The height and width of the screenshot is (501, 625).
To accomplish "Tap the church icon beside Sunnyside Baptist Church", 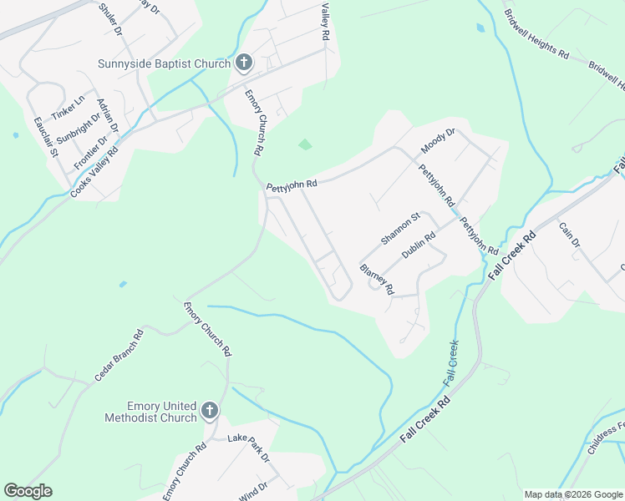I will (x=244, y=63).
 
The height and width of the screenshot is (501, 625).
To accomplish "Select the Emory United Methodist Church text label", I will (x=150, y=411).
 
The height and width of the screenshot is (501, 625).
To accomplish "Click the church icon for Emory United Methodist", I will (x=209, y=411).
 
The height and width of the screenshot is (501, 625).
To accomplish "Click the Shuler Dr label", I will (x=110, y=19).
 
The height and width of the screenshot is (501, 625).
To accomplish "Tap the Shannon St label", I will (x=400, y=228).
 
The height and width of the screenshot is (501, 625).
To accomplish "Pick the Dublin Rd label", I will (x=419, y=245).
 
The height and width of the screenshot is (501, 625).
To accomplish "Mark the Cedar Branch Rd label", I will (x=119, y=356).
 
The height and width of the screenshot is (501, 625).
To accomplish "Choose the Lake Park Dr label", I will (x=249, y=448).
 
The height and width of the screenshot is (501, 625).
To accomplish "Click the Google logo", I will (x=28, y=491).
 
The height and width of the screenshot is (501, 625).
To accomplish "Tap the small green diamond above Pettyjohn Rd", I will (x=305, y=144).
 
